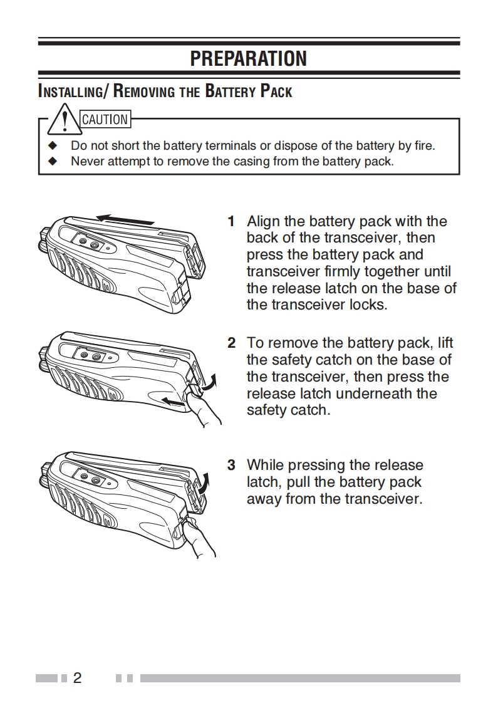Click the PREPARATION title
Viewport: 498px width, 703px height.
click(249, 59)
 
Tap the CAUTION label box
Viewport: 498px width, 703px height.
click(105, 119)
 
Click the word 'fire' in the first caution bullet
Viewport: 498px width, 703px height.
click(423, 145)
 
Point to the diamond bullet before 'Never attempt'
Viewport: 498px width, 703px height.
click(53, 161)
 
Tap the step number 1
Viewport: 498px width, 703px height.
click(231, 221)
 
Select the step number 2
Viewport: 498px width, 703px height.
click(231, 343)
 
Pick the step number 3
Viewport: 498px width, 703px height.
click(231, 465)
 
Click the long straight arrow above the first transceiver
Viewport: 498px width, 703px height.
click(125, 219)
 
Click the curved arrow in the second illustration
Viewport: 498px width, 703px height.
click(213, 380)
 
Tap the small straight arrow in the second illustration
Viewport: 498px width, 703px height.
click(174, 401)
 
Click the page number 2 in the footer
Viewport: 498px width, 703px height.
click(77, 678)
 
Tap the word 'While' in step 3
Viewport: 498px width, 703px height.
click(267, 465)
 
